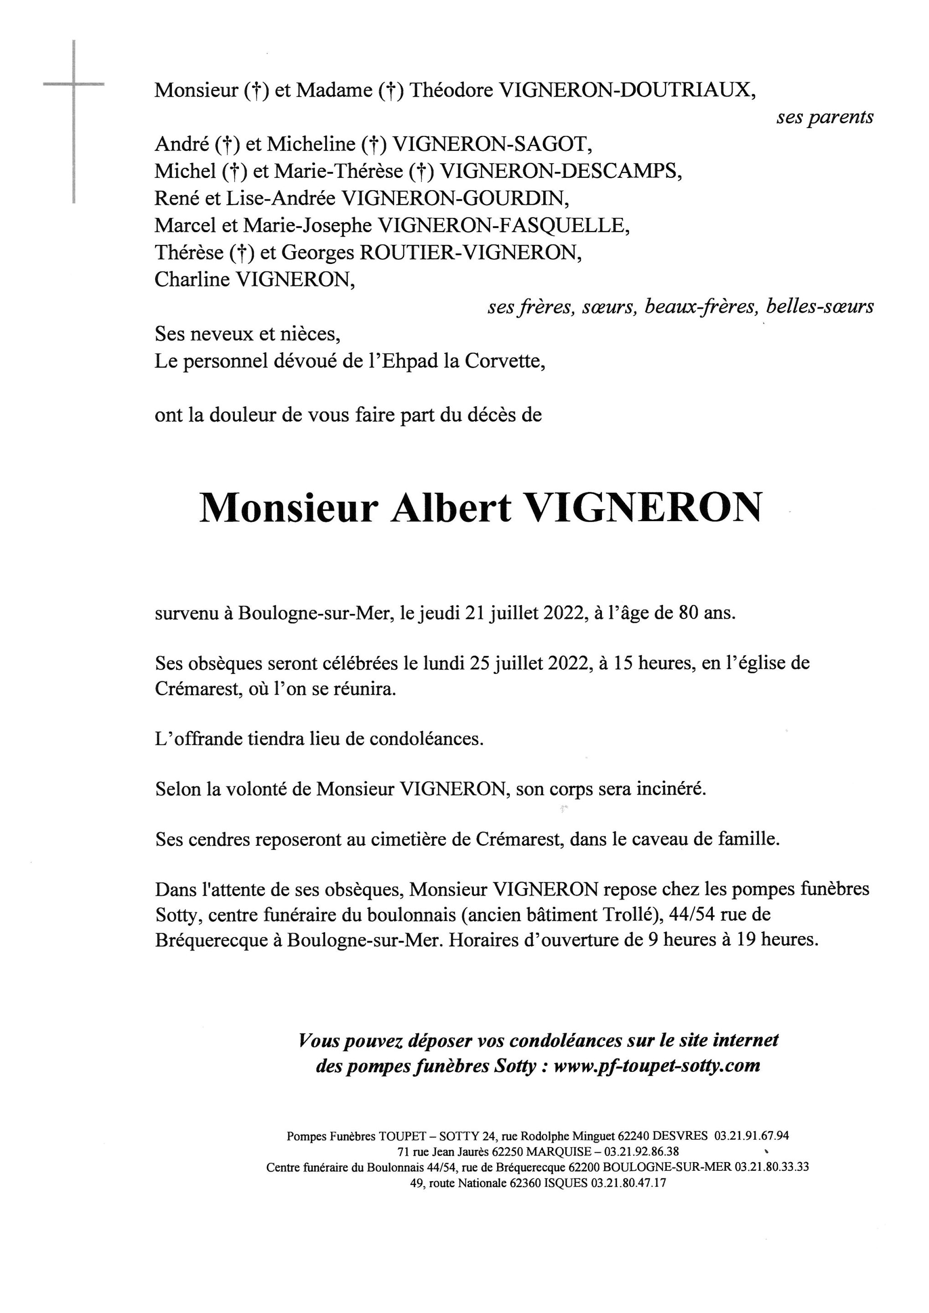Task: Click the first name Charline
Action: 192,279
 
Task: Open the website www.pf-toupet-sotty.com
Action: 657,1066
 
